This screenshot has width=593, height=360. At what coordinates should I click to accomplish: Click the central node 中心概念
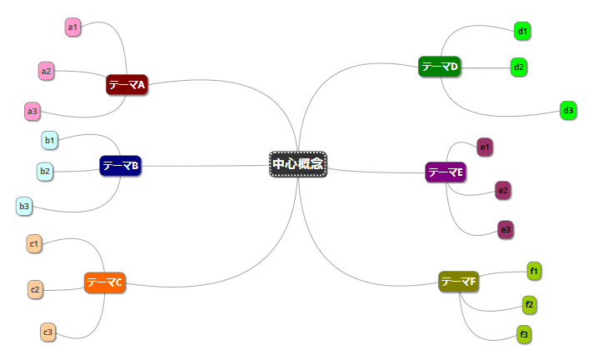(x=297, y=164)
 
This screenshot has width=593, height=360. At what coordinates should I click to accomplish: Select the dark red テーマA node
(x=127, y=84)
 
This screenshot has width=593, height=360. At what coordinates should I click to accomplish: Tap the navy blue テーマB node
(x=120, y=166)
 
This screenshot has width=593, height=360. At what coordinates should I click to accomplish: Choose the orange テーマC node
(x=105, y=282)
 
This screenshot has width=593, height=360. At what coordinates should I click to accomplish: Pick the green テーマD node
(x=439, y=67)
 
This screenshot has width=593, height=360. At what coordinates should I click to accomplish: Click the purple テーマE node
(x=445, y=172)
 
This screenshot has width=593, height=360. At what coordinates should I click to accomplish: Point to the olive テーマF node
(x=459, y=282)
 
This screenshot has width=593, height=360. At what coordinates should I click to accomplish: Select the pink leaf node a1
(x=72, y=27)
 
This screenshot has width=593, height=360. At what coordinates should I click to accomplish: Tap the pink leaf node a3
(x=32, y=111)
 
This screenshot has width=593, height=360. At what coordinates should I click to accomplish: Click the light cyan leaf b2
(x=45, y=172)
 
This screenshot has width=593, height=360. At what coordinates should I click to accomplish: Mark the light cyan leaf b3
(x=24, y=206)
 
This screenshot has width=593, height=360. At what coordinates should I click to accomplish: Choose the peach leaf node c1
(x=33, y=244)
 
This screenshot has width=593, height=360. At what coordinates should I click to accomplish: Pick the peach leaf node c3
(x=47, y=332)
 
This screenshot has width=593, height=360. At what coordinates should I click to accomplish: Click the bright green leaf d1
(x=522, y=32)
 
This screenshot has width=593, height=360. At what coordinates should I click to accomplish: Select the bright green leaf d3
(x=568, y=110)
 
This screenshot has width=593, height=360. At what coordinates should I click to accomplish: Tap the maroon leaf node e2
(x=502, y=190)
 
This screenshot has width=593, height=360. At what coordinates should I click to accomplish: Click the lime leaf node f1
(x=534, y=270)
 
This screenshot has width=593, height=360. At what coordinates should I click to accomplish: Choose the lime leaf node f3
(x=524, y=335)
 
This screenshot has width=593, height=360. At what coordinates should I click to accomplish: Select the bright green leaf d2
(x=519, y=67)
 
